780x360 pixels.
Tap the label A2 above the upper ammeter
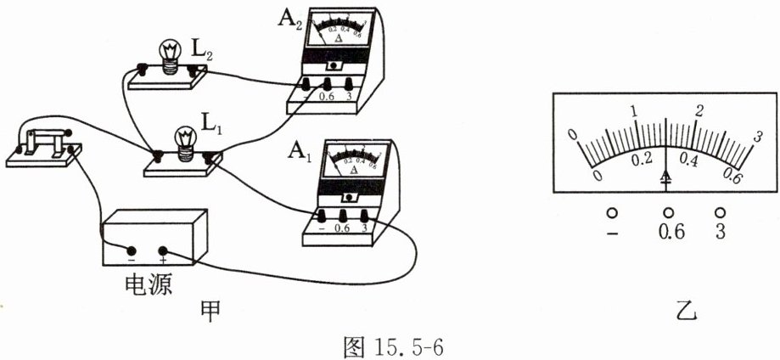point(289,19)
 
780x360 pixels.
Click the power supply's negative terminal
point(132,251)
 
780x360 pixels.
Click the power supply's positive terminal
point(162,251)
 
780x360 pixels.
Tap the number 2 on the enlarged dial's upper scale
point(700,111)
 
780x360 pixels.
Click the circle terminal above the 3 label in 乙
point(721,212)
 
